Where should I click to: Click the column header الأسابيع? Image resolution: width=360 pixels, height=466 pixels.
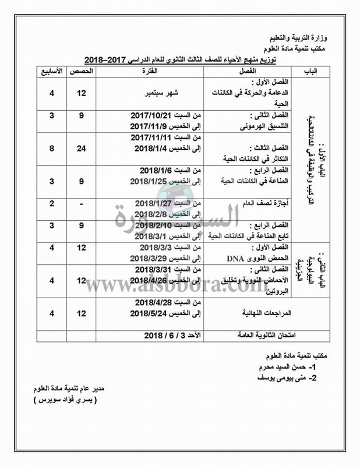50,72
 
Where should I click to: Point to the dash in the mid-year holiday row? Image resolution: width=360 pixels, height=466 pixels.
82,203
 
